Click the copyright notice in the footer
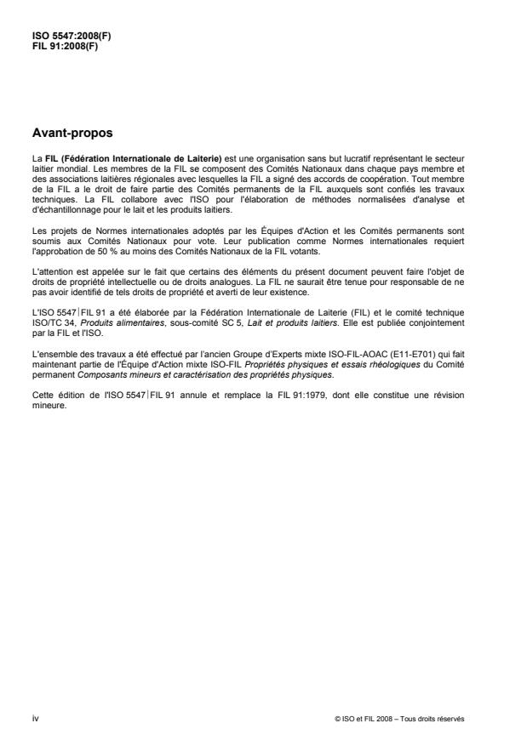399,718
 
